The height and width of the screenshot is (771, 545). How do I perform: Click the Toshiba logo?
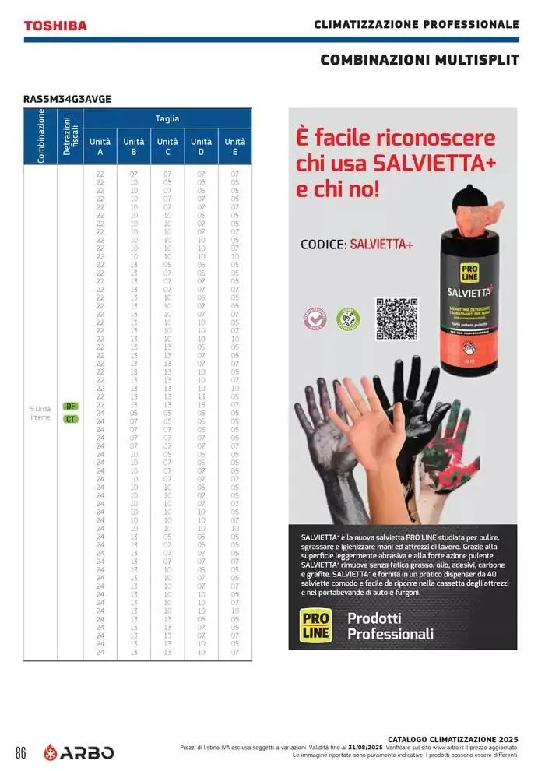coord(55,26)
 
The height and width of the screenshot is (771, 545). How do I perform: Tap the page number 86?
coord(21,753)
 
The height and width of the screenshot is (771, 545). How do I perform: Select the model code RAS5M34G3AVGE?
coord(67,99)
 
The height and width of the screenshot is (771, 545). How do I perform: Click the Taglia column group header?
coord(167,118)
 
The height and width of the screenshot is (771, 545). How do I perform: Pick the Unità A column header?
coord(100,147)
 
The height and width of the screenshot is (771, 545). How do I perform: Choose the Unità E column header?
coord(235,147)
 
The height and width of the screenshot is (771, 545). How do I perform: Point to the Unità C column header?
coord(167,147)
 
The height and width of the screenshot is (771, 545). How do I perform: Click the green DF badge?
coord(70,407)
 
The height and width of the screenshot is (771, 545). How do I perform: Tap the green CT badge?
coord(70,419)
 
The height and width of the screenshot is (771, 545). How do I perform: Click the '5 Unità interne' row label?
coord(40,413)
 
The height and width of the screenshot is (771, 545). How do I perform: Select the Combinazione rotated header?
coord(41,136)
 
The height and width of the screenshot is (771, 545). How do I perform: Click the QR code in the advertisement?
coord(397,319)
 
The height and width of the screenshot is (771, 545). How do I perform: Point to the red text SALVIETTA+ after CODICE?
coord(381,245)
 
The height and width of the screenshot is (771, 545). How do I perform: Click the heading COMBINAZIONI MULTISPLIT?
coord(420,60)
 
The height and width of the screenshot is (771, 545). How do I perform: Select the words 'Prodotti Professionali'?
coord(390,626)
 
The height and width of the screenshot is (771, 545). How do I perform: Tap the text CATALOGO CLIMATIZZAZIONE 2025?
coord(452,739)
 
